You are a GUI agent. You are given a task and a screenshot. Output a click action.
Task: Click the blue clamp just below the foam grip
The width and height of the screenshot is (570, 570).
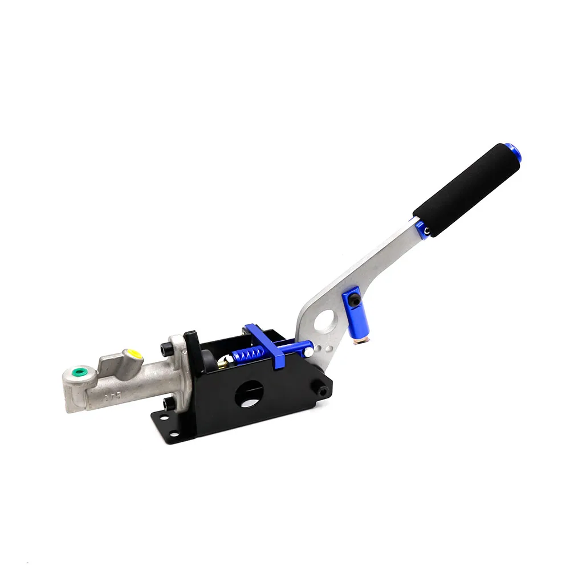[422, 227]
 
